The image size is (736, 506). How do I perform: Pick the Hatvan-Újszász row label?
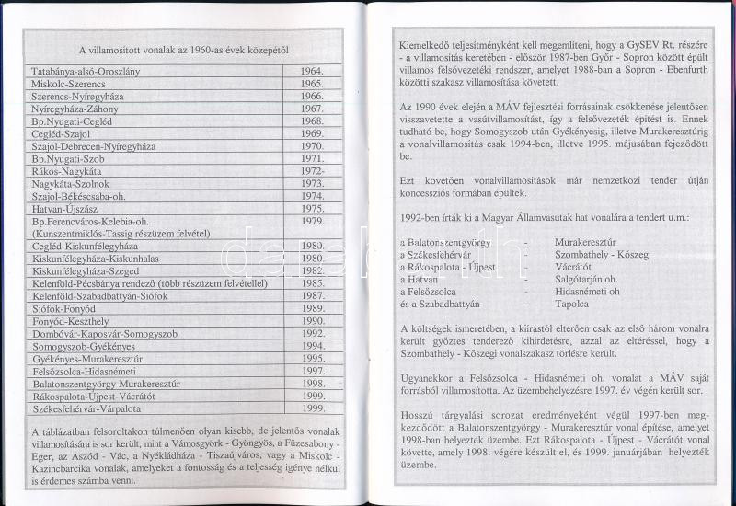64,209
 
